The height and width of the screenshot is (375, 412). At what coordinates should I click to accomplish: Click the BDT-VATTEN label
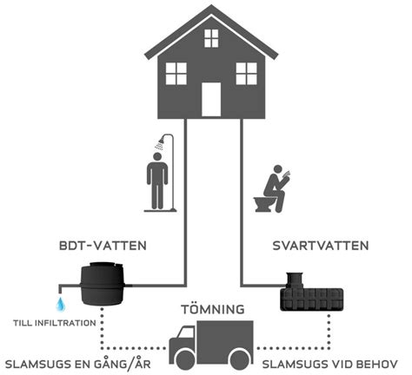pos(108,246)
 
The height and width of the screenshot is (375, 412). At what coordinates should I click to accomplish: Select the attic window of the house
pos(211,37)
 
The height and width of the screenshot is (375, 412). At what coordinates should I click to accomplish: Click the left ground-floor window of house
pos(176,74)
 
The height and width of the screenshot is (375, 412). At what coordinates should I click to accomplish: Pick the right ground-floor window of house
pos(246,74)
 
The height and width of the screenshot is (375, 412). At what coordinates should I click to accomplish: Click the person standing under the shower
pos(157,182)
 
